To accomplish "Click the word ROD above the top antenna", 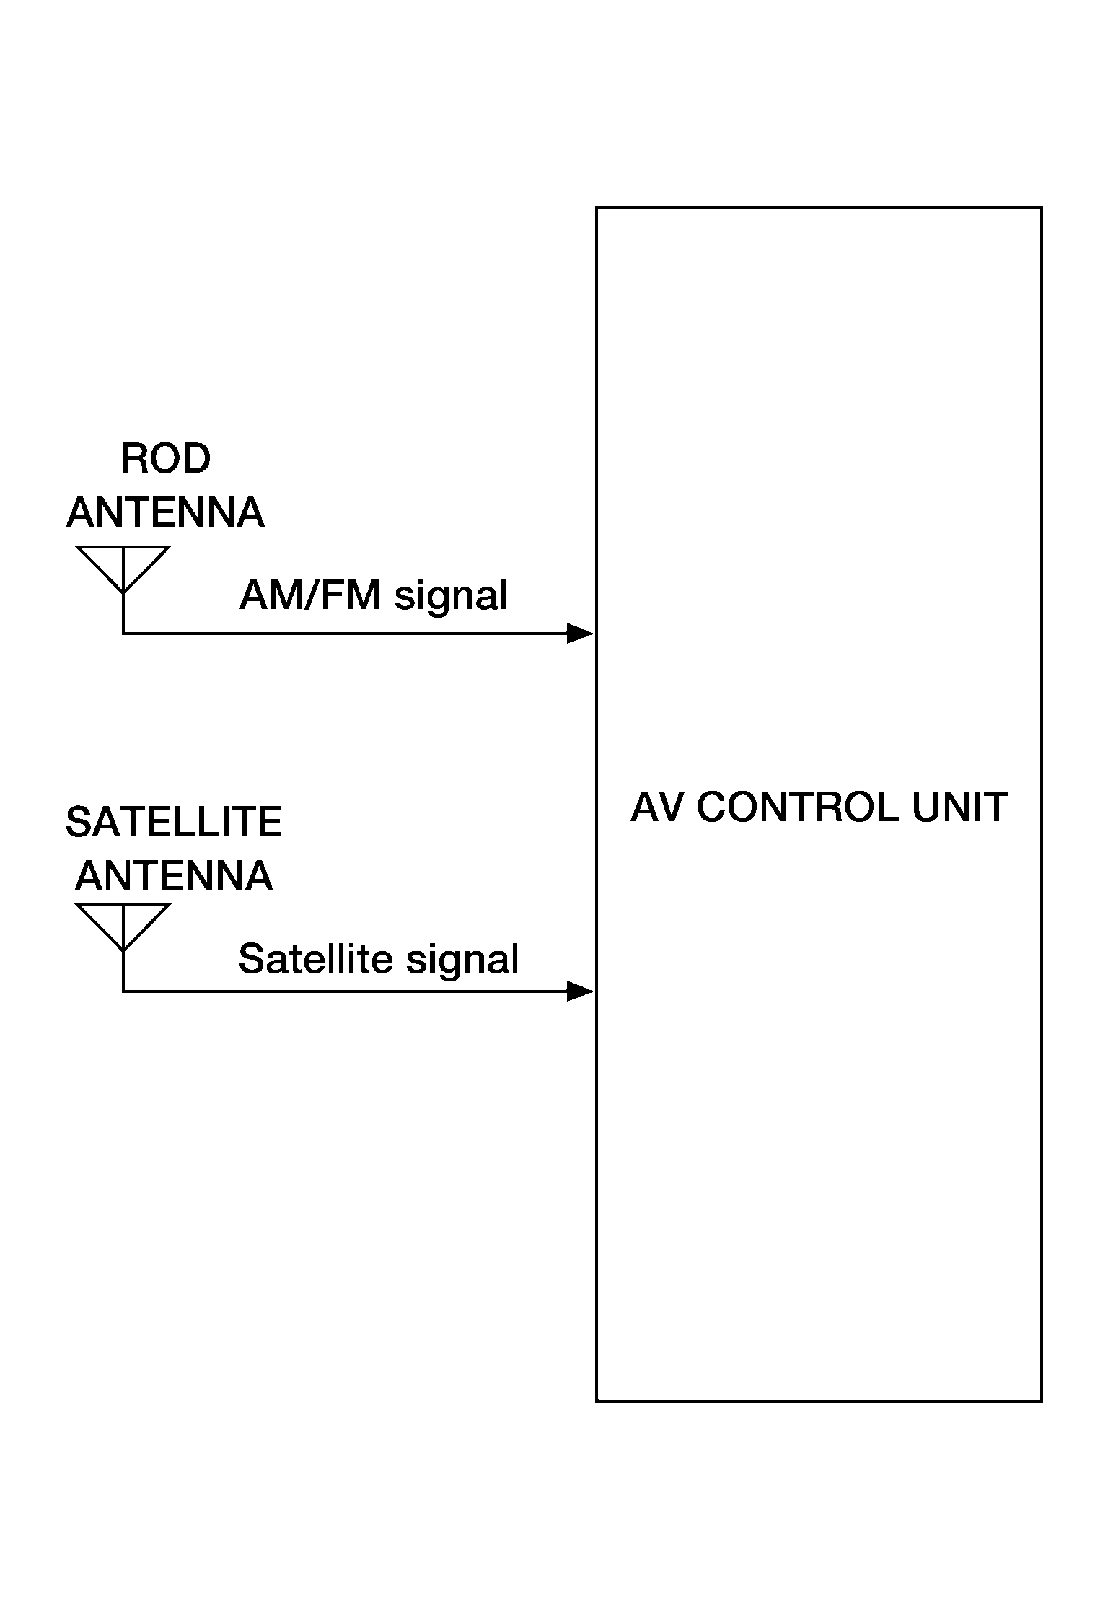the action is click(165, 458).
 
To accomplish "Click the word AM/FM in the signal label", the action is click(309, 596).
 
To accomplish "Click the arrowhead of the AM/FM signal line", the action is click(580, 634).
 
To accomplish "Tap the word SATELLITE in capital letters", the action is click(174, 822).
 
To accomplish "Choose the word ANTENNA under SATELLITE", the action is click(174, 876).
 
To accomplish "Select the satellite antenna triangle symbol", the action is click(123, 927).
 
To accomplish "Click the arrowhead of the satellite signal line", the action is click(580, 991).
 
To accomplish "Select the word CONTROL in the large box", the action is click(797, 807).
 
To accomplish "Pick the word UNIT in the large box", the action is click(960, 807).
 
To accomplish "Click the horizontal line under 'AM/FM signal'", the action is click(345, 634).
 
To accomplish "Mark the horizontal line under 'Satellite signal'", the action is click(345, 991).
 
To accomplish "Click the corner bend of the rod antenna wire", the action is click(123, 634).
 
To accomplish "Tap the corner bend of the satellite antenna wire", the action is click(123, 991).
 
